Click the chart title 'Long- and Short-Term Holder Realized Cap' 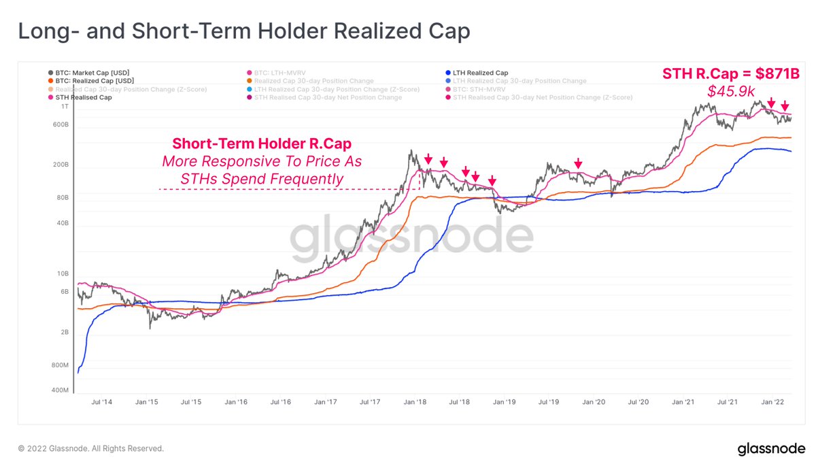click(243, 31)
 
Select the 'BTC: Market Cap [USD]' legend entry click(90, 73)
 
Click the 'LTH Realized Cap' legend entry click(479, 73)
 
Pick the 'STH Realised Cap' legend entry click(81, 97)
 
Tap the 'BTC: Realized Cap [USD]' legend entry click(92, 81)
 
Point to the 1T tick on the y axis click(65, 107)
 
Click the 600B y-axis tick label click(61, 125)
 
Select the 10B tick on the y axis click(63, 273)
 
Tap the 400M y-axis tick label click(60, 391)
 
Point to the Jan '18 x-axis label click(415, 403)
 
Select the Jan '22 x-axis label click(773, 403)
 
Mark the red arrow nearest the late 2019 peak click(578, 163)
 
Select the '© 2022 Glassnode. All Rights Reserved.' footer click(90, 449)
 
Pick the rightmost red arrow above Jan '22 click(785, 105)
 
